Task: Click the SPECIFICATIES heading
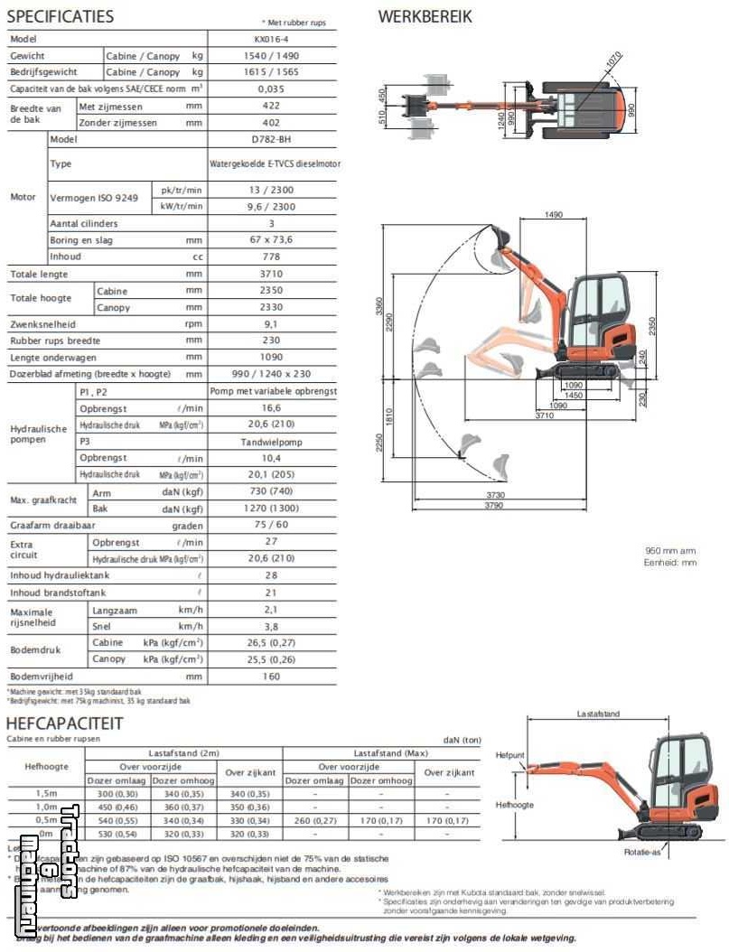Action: coord(61,16)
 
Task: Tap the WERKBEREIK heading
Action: coord(425,16)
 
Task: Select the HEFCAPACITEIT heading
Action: coord(65,723)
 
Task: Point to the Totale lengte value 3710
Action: coord(271,274)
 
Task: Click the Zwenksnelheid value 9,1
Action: coord(271,324)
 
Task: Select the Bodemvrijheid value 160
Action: coord(271,676)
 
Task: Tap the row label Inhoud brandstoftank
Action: coord(58,593)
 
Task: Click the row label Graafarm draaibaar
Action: coord(55,526)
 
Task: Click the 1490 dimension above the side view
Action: coord(554,214)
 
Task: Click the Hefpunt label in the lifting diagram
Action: coord(509,754)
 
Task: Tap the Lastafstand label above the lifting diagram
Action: coord(598,714)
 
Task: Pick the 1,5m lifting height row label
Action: coord(46,793)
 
